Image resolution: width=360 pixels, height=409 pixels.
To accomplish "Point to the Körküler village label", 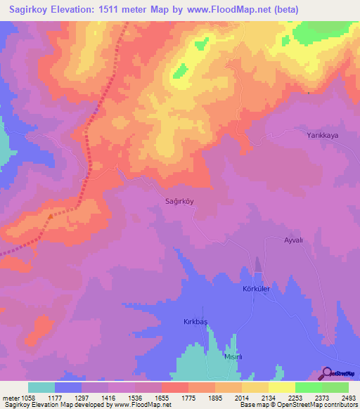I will point(256,289).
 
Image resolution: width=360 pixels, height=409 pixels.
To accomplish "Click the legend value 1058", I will point(27,397).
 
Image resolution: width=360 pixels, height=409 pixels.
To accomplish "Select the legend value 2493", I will point(349,397).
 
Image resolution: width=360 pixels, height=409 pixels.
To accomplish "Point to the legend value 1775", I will point(188,397).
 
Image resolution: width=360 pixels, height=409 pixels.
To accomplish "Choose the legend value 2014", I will point(242,397).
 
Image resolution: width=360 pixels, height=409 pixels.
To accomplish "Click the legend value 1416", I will point(108,397).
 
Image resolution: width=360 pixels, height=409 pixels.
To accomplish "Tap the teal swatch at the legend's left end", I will point(41,387).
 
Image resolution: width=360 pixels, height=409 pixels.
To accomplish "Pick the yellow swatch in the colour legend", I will point(282,387).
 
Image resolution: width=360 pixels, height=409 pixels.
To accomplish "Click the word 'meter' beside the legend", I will point(10,397).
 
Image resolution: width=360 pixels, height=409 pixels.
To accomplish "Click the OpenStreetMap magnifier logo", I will point(327,373).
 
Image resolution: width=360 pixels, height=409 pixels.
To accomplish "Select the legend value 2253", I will point(295,397).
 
